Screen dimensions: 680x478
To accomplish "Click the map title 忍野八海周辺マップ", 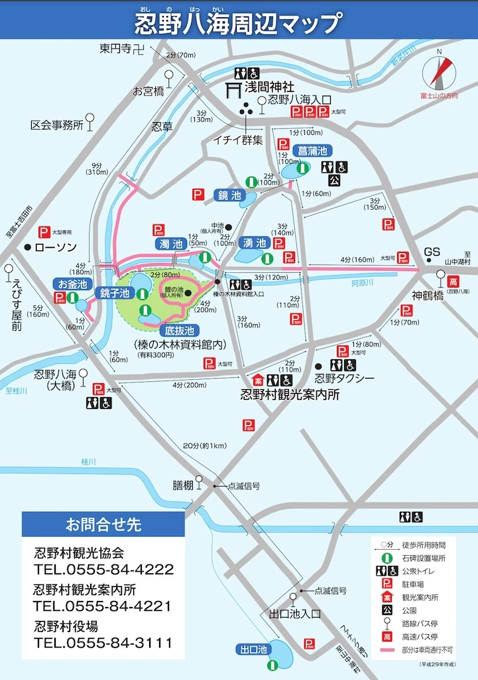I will coord(239,25).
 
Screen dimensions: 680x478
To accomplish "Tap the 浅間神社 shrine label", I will coord(269,87).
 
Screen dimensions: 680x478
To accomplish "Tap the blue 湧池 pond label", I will coord(254,243).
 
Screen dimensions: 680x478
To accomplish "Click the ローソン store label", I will coord(56,247).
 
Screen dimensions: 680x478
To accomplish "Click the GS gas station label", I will coord(432,252).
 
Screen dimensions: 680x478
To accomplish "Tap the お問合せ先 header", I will coord(103,525).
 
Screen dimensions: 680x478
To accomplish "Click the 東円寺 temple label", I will coord(115,48).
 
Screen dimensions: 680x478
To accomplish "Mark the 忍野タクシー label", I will coord(344,379).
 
